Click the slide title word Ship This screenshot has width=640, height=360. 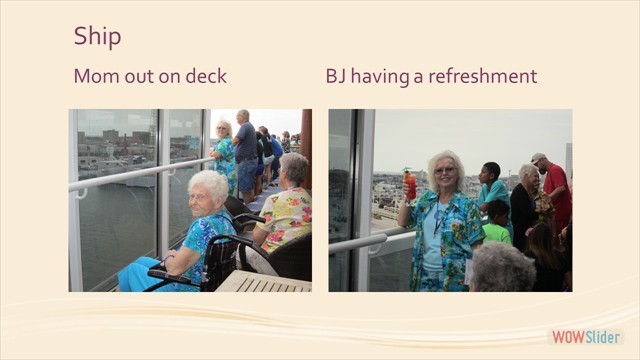coord(97,37)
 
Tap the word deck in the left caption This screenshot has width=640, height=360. coord(204,76)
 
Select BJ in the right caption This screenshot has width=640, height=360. coord(337,76)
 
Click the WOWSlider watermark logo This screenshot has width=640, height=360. coord(586,337)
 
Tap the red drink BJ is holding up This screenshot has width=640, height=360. coord(409,184)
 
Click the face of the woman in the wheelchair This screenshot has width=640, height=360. coord(207,192)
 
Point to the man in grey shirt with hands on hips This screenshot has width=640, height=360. coord(244,145)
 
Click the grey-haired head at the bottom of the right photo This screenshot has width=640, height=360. coord(501,268)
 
